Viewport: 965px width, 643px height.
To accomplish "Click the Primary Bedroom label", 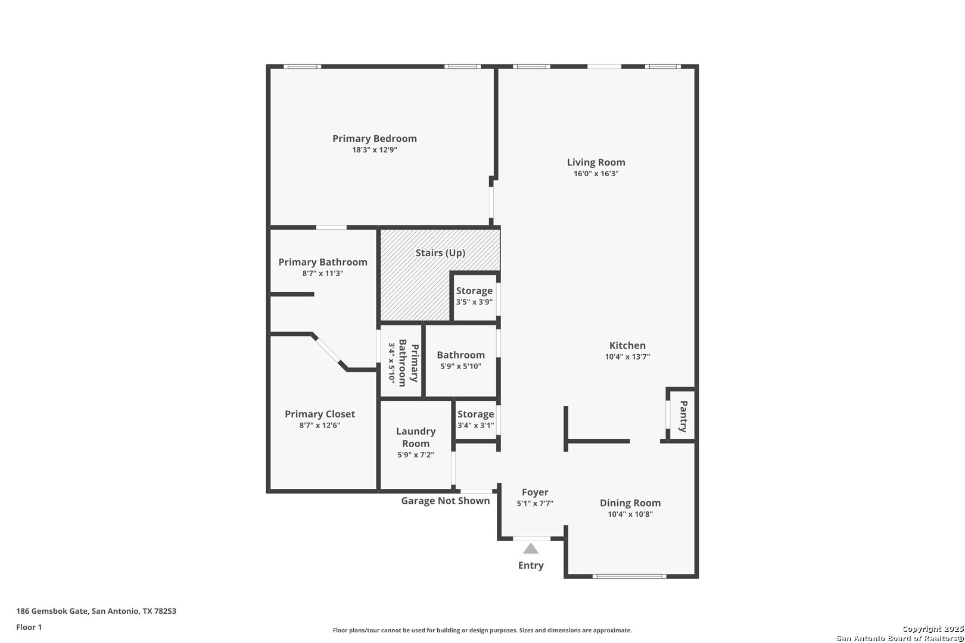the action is (x=374, y=139).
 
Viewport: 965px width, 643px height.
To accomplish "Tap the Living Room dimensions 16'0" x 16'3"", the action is (x=596, y=174).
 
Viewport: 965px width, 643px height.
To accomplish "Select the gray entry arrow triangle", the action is (x=531, y=548).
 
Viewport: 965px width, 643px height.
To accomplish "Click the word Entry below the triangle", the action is (x=531, y=566).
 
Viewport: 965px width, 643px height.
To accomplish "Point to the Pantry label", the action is (x=683, y=417).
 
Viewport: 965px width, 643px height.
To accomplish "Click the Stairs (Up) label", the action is (x=440, y=253).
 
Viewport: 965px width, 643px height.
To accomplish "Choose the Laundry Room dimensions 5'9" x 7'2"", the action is (x=416, y=455).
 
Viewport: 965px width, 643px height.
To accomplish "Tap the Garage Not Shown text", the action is (x=446, y=501).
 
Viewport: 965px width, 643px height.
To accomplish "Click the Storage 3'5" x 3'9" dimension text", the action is (x=474, y=302).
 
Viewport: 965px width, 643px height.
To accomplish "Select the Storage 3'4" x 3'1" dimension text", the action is (x=475, y=426).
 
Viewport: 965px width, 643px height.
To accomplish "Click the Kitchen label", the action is (x=627, y=345).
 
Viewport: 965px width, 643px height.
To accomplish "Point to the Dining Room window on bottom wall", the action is (x=630, y=576).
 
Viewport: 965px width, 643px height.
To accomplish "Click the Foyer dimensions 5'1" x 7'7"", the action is (x=535, y=503).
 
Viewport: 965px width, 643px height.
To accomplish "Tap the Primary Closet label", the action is (x=320, y=414).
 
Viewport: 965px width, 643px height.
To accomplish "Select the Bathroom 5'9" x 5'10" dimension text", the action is (x=460, y=367).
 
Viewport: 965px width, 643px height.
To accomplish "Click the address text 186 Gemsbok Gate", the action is (x=52, y=611).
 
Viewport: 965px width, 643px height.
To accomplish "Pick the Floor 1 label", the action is (x=29, y=628).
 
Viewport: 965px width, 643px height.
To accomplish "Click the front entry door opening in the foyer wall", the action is (x=531, y=539).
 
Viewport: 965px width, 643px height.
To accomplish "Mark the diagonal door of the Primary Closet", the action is (x=328, y=350).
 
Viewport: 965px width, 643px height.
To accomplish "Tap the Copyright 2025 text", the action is (x=933, y=629).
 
